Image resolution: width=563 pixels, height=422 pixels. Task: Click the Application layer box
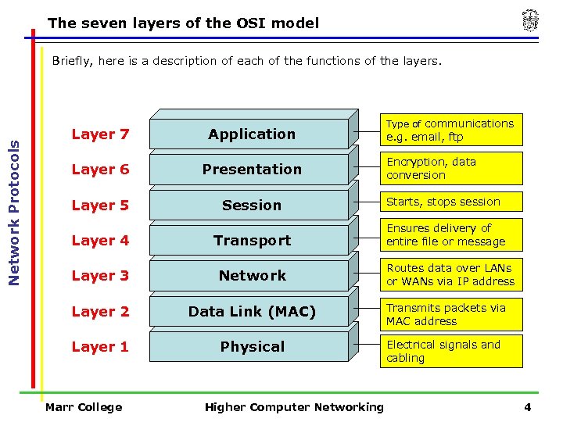(x=252, y=134)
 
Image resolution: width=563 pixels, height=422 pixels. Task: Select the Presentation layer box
(x=252, y=170)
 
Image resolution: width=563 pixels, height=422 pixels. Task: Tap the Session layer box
(x=252, y=206)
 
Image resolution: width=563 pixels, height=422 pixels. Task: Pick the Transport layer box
(x=252, y=241)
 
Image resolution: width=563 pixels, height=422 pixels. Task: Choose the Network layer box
(x=252, y=276)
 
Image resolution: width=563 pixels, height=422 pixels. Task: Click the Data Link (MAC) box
(x=252, y=312)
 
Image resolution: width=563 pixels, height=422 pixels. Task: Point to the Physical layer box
(x=252, y=347)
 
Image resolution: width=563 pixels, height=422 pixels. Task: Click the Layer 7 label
(x=100, y=134)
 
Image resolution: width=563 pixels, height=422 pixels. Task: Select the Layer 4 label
(x=100, y=241)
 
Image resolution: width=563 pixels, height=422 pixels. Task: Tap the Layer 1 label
(x=100, y=347)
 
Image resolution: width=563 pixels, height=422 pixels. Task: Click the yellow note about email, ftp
(x=451, y=130)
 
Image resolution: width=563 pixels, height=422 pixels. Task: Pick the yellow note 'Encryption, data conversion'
(x=451, y=168)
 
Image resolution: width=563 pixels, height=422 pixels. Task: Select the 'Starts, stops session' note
(x=451, y=202)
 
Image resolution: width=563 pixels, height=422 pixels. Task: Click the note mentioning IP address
(x=451, y=274)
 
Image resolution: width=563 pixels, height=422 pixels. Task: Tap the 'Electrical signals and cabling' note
(x=451, y=351)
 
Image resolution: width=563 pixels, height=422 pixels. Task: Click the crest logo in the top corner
(x=530, y=21)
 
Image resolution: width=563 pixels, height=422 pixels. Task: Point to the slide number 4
(x=528, y=407)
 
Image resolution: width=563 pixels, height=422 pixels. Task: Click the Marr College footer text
(x=84, y=407)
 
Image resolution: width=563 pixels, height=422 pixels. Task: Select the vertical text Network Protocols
(x=14, y=196)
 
